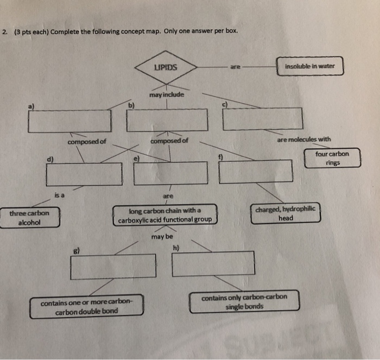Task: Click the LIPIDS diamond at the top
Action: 166,68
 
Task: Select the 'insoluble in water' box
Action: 309,66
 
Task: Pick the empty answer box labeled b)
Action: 167,119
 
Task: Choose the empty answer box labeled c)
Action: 263,118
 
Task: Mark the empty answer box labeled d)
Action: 84,174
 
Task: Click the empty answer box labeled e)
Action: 170,173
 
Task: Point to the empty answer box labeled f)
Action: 256,171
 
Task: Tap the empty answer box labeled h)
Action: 213,263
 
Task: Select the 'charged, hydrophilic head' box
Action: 286,213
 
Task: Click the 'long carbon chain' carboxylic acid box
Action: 165,215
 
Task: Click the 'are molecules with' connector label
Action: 303,140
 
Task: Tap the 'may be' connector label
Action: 162,237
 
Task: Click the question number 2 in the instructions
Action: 4,31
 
